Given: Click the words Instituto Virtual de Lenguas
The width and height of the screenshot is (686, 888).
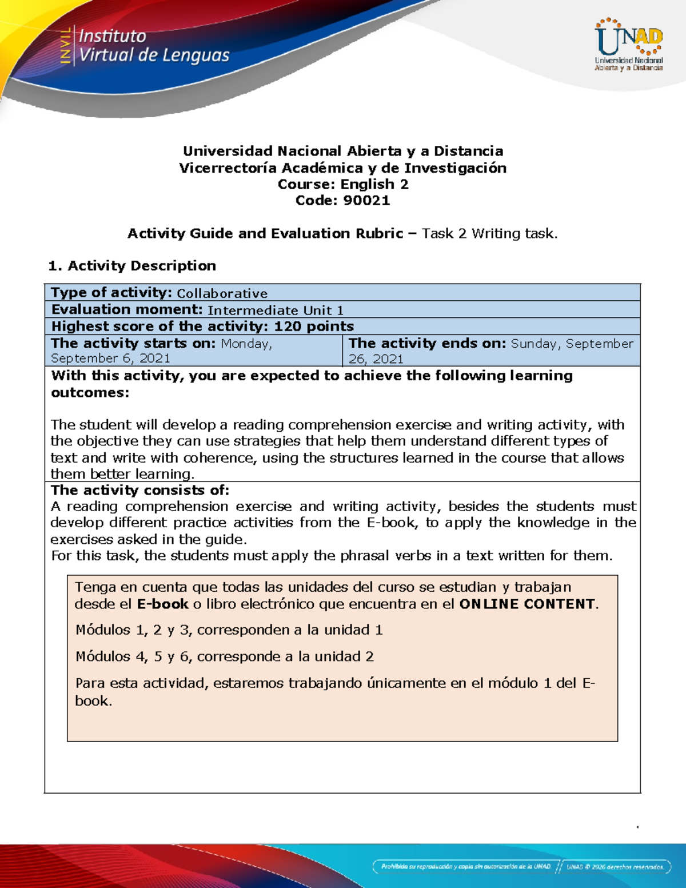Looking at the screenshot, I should point(153,46).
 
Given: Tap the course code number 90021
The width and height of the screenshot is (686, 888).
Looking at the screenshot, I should point(366,201).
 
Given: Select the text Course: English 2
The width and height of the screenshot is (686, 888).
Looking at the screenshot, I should point(343,184).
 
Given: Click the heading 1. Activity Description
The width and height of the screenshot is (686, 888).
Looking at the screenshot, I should point(132,266).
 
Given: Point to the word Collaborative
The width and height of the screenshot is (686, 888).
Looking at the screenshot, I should point(222,293).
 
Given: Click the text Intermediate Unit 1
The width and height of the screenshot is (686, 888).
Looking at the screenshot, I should point(276,310).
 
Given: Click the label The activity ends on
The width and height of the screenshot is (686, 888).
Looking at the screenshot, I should point(427,344).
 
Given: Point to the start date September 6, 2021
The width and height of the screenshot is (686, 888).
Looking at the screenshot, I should point(110,359).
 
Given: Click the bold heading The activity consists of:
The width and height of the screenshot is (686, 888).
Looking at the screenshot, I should point(140,491).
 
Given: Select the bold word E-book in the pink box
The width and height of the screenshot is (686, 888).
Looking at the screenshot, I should point(162,604).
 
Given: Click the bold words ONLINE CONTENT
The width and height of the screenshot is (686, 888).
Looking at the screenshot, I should point(527,604).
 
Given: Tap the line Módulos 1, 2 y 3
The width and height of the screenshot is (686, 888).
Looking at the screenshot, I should point(229,630).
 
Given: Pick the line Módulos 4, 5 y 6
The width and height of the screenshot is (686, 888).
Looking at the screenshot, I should point(225,656).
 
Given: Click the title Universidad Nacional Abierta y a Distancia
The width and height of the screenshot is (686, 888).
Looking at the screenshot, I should point(343,152).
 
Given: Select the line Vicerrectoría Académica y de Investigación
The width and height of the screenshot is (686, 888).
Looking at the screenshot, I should point(343,168).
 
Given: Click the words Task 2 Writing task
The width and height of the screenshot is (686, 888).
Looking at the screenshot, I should point(489,234).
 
